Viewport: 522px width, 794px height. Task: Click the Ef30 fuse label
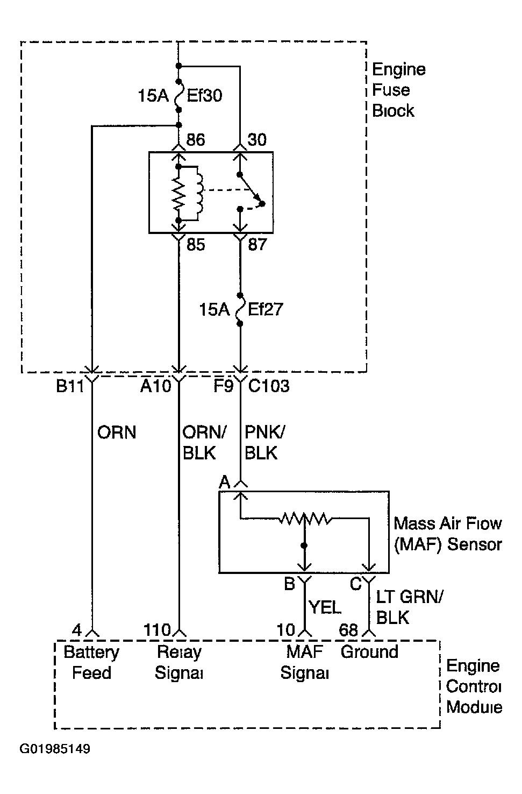tap(204, 95)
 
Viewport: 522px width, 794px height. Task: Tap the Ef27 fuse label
tap(265, 309)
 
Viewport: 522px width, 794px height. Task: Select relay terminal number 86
tap(196, 140)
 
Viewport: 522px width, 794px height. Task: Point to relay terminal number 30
tap(257, 140)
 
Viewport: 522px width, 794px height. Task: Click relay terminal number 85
tap(196, 245)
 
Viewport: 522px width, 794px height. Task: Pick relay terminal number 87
tap(257, 245)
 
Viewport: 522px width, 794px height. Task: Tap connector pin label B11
tap(70, 386)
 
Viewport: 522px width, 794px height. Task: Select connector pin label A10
tap(155, 386)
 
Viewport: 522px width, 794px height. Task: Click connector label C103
tap(269, 386)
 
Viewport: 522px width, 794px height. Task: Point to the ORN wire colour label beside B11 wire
tap(117, 433)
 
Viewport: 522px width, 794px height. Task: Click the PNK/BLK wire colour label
tap(265, 443)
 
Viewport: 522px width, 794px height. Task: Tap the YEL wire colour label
tap(325, 607)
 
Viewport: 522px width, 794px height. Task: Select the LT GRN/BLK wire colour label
tap(410, 607)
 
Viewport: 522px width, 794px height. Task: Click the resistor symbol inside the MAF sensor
tap(305, 520)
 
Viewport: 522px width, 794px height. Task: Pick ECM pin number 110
tap(157, 630)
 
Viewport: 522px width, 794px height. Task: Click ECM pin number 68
tap(348, 630)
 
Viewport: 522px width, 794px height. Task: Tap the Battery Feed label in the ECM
tap(91, 662)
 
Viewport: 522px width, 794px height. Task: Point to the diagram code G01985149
tap(55, 749)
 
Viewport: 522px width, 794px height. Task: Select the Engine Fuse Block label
tap(399, 90)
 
